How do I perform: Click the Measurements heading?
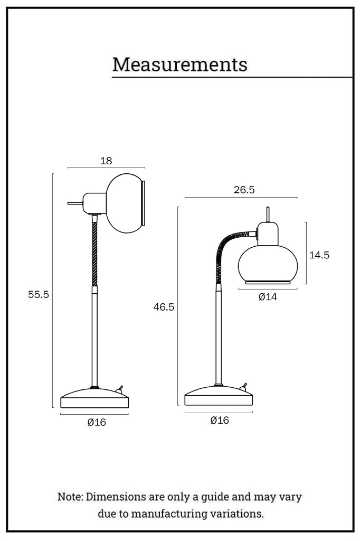click(x=179, y=64)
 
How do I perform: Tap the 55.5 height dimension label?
click(x=39, y=294)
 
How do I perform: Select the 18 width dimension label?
click(x=106, y=161)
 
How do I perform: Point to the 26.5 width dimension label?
click(x=244, y=190)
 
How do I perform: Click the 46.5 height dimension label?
click(x=164, y=307)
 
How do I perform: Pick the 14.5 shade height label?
click(x=319, y=255)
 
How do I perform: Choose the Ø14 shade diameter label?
click(x=268, y=296)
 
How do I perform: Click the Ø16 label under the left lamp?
click(x=97, y=422)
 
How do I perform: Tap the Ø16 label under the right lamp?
click(x=220, y=420)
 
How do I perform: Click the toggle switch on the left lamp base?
click(x=119, y=390)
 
